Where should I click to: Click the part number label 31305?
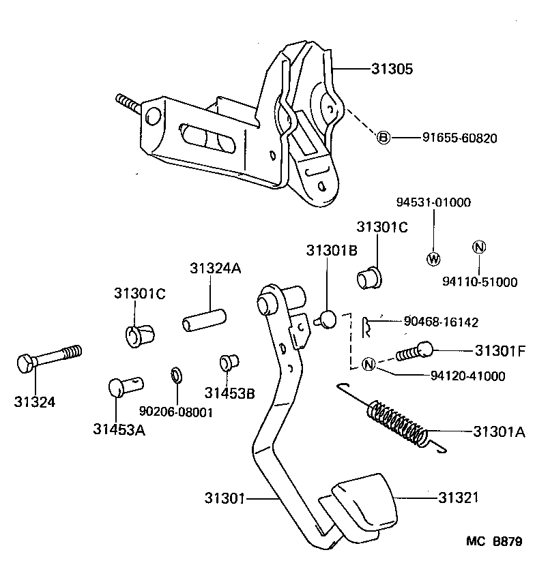[x=393, y=69]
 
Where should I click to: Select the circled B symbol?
[x=384, y=138]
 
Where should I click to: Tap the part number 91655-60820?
[x=459, y=138]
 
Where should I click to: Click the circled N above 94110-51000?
[x=479, y=247]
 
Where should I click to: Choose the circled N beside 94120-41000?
[x=368, y=364]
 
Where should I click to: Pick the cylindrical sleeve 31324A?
[x=203, y=319]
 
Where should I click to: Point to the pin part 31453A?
[x=124, y=386]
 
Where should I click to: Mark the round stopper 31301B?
[x=326, y=318]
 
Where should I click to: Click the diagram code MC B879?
[x=494, y=542]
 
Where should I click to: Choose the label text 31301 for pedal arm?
[x=224, y=498]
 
